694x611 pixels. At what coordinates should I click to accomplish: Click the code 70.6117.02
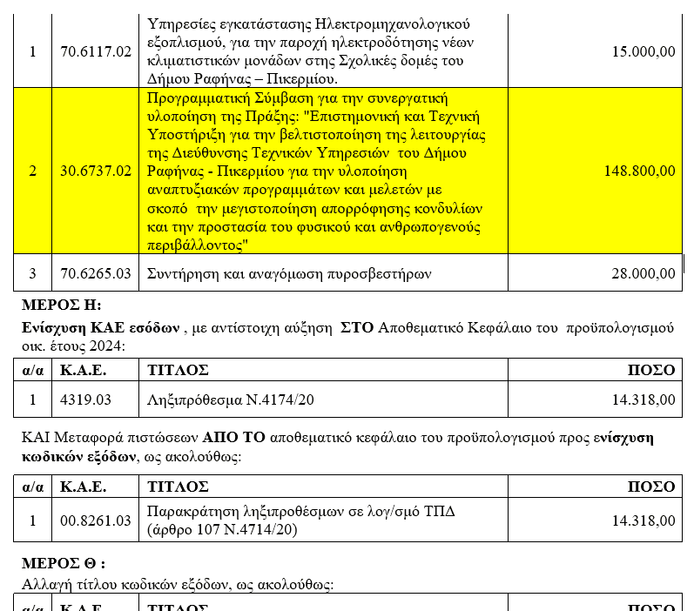click(96, 51)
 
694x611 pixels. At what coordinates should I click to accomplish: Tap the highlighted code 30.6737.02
click(96, 171)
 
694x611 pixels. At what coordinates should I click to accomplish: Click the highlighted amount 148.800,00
click(639, 171)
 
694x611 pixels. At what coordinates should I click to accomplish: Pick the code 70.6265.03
click(96, 273)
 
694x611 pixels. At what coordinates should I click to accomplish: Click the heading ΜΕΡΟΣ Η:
click(62, 305)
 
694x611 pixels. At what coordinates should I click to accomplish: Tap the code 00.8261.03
click(96, 520)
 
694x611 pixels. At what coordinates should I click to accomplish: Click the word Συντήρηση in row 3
click(184, 273)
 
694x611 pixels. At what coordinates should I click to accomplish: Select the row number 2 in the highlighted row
click(33, 171)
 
